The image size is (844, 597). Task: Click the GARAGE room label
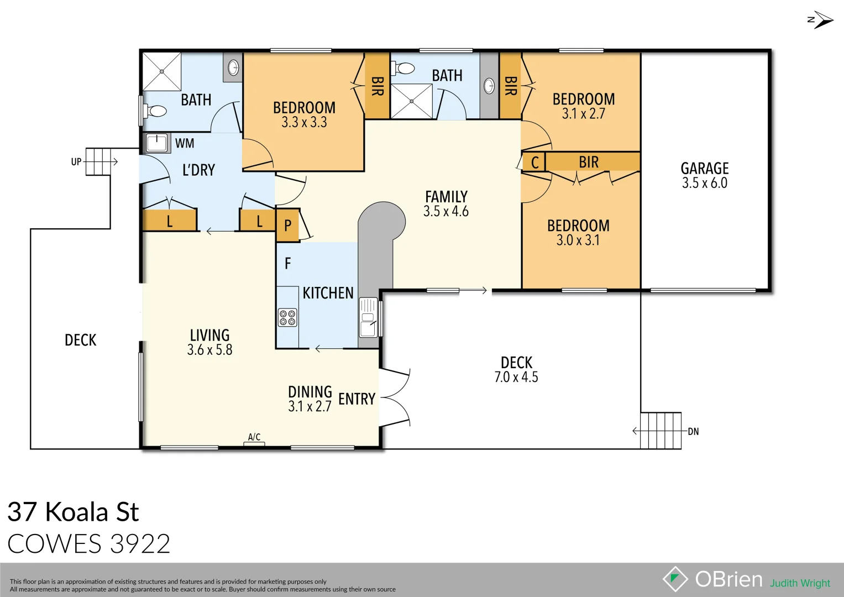coord(704,169)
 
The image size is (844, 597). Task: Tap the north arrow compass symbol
coord(820,20)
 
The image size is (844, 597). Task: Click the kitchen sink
coord(368,318)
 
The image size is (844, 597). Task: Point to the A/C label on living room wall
coord(254,437)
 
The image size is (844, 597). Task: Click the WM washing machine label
coord(185,144)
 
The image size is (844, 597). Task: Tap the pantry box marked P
coord(287,226)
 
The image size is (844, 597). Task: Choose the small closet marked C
coord(534,163)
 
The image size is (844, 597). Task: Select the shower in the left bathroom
coord(162,71)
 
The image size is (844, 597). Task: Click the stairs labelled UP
coord(98,161)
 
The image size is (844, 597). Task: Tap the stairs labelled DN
coord(660,431)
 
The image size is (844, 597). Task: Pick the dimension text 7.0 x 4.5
coord(516,378)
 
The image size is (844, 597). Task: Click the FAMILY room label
coord(446,197)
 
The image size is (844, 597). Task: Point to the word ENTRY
coord(357,399)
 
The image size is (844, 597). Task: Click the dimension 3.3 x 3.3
coord(304,122)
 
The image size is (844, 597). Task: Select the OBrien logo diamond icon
coord(675,579)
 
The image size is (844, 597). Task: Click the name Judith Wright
coord(800,583)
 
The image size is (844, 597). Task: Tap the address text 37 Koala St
coord(73,512)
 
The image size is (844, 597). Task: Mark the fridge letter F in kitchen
coord(287,264)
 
